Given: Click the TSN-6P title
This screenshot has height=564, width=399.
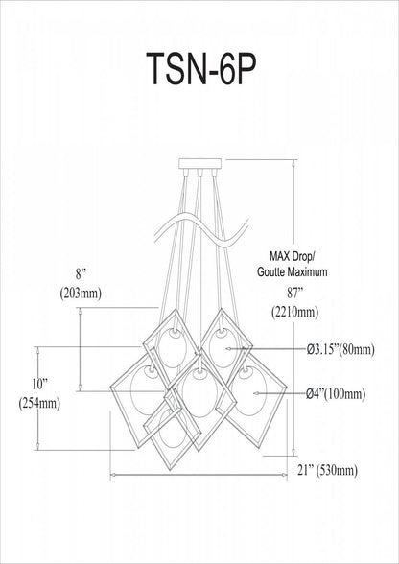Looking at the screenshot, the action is [x=201, y=69].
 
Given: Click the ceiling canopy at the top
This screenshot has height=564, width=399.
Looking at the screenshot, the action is [x=200, y=164].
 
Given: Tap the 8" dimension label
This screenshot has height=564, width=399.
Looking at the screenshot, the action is [x=81, y=274].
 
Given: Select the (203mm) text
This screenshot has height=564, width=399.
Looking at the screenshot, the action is [x=81, y=294].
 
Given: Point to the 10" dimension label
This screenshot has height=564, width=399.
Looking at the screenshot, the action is [x=39, y=385].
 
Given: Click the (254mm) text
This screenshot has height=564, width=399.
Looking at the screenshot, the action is [x=39, y=404].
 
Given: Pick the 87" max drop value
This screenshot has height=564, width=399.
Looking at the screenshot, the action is [x=293, y=294].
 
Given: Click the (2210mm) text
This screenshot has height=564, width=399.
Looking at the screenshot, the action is [x=294, y=312].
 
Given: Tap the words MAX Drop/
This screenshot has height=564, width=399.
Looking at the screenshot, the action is [x=293, y=257].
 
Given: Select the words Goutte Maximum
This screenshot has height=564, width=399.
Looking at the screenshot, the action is [x=293, y=272].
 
